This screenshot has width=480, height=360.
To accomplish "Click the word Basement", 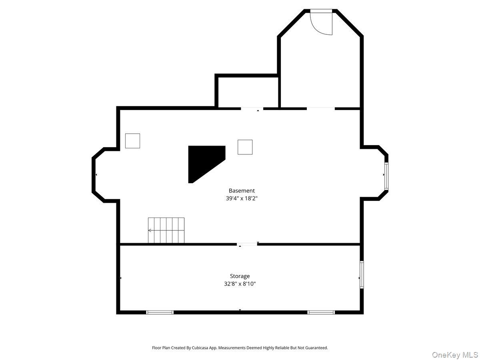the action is pos(242,191).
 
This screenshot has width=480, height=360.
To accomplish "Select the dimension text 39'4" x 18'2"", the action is pos(242,198).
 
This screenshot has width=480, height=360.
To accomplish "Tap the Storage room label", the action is pos(240,276).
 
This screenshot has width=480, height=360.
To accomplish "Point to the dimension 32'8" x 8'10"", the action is pos(240,284).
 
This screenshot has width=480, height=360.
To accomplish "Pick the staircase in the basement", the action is pos(166,230).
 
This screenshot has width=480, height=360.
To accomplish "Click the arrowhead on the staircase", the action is pos(149,230).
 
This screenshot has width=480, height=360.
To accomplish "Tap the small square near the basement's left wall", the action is pos(132,141).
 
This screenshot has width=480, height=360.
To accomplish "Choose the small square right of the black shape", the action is pos(245,147).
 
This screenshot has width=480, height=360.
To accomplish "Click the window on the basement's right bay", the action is pos(386,176).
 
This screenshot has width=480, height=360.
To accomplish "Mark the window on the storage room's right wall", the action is pos(362,274).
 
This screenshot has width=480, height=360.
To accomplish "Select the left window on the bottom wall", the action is pos(160,312).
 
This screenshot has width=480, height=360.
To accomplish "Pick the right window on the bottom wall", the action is pos(321,312).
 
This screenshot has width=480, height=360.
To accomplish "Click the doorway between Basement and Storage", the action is pos(247,244).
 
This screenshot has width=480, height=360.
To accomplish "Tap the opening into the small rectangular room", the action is pos(252,108).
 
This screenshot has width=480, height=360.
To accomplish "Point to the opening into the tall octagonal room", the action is pos(321,108).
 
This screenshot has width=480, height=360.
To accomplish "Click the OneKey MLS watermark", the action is pos(455,354).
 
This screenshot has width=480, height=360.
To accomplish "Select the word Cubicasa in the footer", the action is pos(200,348).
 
